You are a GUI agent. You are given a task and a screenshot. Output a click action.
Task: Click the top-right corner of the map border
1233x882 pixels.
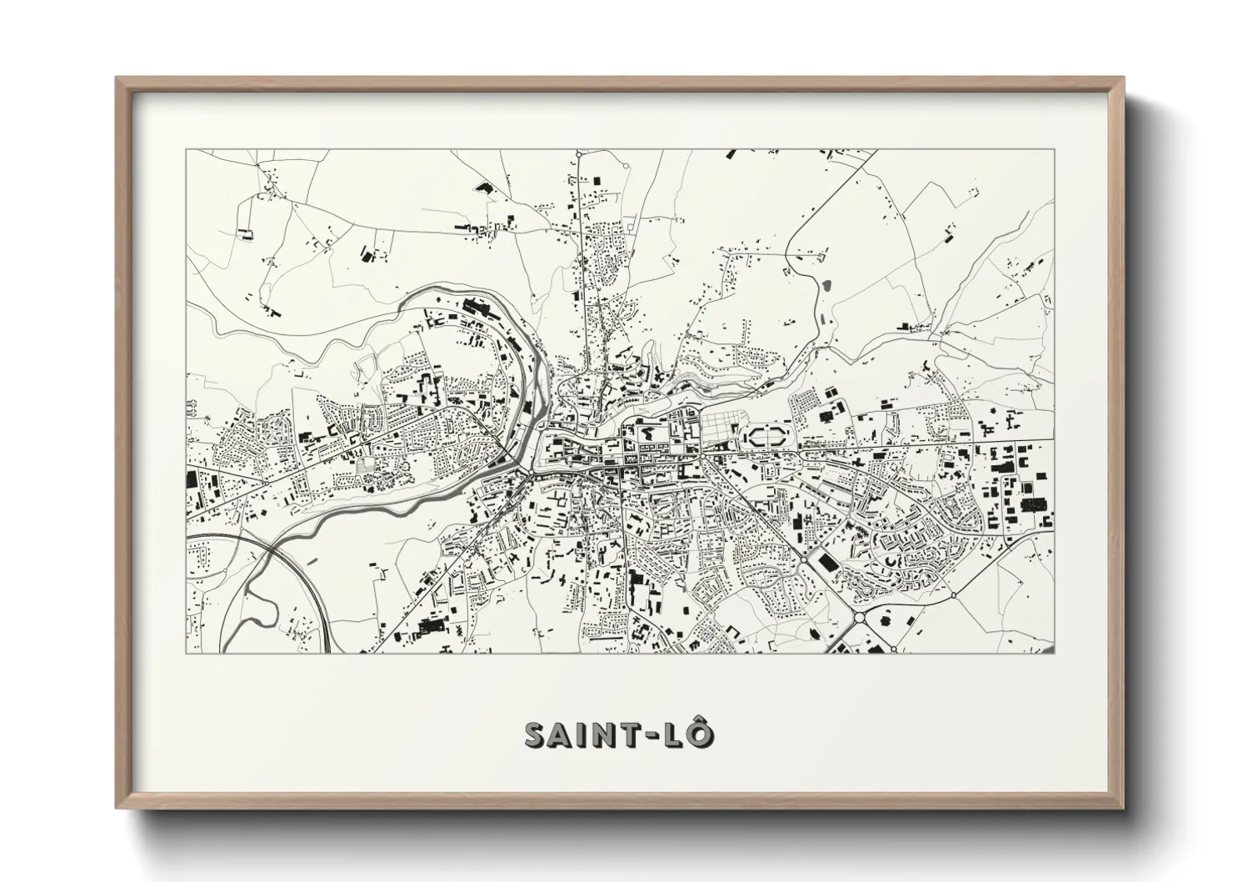[1053, 149]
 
